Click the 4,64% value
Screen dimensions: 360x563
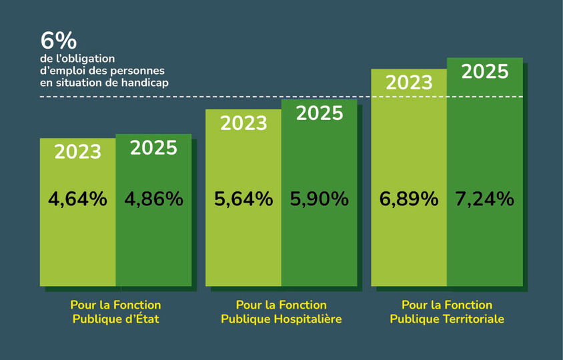(x=77, y=199)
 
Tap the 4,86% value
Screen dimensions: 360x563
(x=153, y=199)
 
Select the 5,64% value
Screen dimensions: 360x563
(x=243, y=199)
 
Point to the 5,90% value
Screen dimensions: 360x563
(x=320, y=199)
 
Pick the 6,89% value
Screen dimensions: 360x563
(x=409, y=199)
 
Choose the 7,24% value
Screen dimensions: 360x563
(x=485, y=199)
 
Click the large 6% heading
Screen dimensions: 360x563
(x=59, y=41)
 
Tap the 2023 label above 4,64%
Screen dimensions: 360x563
(x=77, y=151)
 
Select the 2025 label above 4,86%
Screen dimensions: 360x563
(x=153, y=147)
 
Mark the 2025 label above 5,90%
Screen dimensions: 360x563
(x=320, y=113)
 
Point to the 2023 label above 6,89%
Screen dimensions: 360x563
(x=409, y=82)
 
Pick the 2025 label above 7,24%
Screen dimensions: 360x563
(x=485, y=71)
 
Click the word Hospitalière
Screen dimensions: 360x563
(x=308, y=319)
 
